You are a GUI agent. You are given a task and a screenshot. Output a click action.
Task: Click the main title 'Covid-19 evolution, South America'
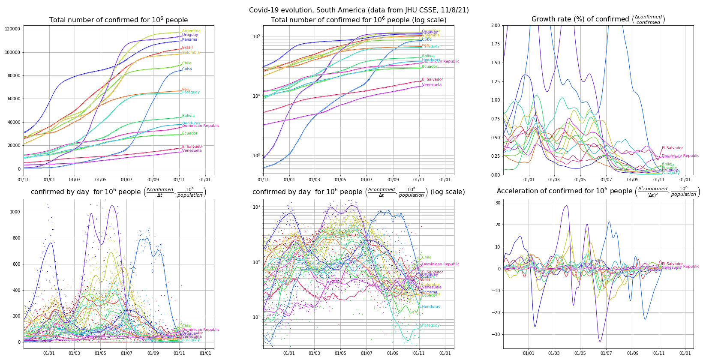pos(359,10)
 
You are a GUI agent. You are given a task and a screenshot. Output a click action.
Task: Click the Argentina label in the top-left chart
pos(191,31)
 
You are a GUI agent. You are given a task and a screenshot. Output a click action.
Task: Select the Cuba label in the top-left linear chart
pos(187,69)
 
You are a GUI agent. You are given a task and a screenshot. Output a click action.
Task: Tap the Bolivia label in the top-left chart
pos(188,116)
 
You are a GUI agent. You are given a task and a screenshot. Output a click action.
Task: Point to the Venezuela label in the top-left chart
pos(192,150)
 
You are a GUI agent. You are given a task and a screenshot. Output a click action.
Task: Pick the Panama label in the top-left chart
pos(189,39)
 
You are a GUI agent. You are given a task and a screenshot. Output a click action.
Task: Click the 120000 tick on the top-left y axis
pos(12,29)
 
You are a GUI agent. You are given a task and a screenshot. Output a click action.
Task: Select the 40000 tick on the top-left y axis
pos(13,122)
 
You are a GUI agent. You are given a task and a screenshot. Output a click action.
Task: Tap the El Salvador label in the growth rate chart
pos(672,148)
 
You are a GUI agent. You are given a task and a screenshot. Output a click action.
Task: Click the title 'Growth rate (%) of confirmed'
pos(598,19)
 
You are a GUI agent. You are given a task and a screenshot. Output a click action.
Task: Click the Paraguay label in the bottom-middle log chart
pos(431,325)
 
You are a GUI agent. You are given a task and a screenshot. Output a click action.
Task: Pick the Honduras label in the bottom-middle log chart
pos(431,307)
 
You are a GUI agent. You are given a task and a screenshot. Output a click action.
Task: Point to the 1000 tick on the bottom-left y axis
pos(15,212)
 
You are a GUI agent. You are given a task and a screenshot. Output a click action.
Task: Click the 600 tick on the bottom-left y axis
pos(16,264)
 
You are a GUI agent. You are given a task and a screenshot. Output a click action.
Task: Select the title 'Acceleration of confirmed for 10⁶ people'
pos(598,192)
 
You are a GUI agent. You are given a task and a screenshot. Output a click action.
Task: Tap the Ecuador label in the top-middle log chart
pos(430,66)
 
